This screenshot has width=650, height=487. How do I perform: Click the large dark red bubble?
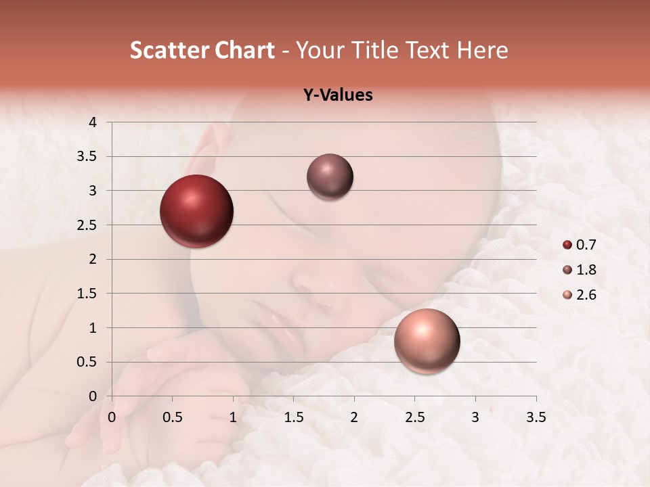[x=196, y=211]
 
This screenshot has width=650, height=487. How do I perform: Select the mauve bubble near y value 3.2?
[x=330, y=177]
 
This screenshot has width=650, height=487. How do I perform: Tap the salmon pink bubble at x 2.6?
[x=427, y=341]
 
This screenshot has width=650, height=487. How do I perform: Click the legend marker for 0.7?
[x=567, y=245]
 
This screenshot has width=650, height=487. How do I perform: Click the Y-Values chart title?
[x=338, y=95]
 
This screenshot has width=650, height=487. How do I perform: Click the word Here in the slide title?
[x=482, y=50]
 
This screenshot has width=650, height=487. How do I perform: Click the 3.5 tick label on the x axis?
[x=536, y=417]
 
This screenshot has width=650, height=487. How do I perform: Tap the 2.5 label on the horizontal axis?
[x=414, y=417]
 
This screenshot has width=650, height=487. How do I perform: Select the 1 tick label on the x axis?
[x=233, y=417]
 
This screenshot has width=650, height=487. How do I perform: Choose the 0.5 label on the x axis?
[x=173, y=417]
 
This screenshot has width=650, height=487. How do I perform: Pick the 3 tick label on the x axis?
[x=475, y=417]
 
